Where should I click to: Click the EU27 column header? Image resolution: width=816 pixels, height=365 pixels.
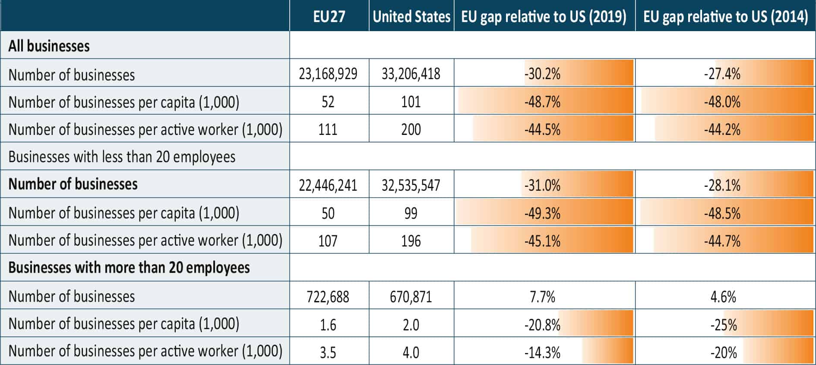click(329, 16)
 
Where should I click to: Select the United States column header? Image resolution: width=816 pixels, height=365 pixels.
click(411, 16)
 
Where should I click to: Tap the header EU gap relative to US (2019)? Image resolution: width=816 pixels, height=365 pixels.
click(544, 16)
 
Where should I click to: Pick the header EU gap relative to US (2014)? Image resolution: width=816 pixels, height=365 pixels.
click(725, 16)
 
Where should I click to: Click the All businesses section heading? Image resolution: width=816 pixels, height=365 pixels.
click(49, 46)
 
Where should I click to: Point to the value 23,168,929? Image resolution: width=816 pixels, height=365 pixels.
click(328, 74)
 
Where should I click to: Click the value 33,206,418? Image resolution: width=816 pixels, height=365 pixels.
click(411, 74)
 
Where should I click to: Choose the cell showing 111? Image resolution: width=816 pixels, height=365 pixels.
click(328, 129)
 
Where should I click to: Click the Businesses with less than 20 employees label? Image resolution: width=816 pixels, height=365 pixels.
click(122, 157)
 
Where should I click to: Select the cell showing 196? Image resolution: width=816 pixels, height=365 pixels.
click(411, 241)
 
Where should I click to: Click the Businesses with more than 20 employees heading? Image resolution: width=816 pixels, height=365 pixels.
click(129, 268)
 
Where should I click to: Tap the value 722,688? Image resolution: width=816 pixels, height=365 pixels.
click(328, 297)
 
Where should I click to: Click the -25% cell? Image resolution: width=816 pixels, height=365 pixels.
click(724, 324)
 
